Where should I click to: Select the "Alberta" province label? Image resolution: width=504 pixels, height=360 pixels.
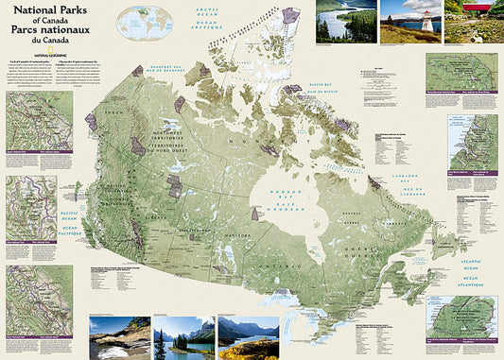tap(176, 217)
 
